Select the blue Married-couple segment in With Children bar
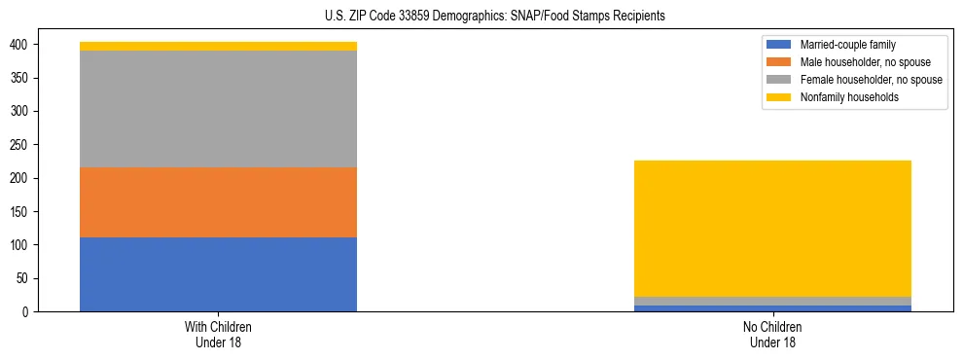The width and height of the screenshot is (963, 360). click(x=218, y=274)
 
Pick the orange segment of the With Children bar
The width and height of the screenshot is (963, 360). click(x=218, y=202)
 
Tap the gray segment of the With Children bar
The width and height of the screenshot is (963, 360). click(x=218, y=109)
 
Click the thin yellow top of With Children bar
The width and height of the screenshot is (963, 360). click(x=218, y=46)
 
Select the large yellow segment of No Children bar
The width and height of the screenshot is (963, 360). click(x=772, y=228)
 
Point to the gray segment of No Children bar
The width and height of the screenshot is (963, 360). click(x=772, y=301)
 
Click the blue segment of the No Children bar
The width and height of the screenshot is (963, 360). click(x=772, y=308)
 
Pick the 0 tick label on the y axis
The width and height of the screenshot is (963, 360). click(x=32, y=311)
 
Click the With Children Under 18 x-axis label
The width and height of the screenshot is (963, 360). click(x=218, y=334)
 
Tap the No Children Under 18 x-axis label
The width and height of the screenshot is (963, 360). click(x=772, y=334)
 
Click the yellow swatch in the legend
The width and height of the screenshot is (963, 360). click(x=780, y=97)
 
